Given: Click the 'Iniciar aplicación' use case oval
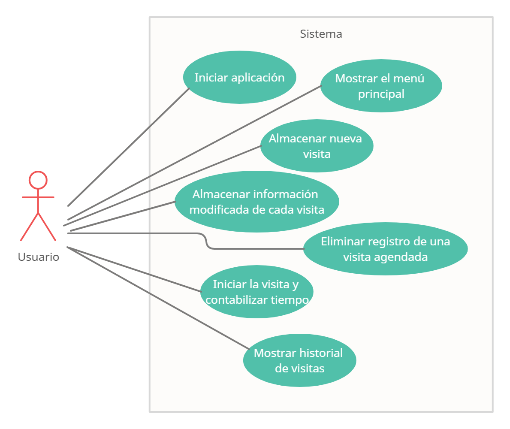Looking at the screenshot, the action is tap(239, 77).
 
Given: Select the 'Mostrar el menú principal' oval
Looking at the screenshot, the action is tap(381, 86).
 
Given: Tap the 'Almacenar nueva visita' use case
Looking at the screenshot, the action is tap(317, 146).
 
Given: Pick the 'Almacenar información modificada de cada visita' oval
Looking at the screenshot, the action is tap(257, 202).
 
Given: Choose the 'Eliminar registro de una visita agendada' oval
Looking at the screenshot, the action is tap(386, 249).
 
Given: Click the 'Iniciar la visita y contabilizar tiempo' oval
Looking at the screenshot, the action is tap(257, 292).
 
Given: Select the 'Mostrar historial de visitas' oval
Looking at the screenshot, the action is tap(299, 360).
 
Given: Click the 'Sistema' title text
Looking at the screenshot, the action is tap(321, 34).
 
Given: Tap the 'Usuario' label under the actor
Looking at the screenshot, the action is tap(38, 257).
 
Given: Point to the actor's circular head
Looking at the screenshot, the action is tap(38, 180).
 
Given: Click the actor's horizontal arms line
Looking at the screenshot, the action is tap(38, 197).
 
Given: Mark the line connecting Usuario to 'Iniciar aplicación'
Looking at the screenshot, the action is tap(129, 147).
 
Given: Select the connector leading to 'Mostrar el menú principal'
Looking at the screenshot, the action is tap(194, 153).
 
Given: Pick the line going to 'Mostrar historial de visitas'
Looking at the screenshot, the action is tap(158, 298).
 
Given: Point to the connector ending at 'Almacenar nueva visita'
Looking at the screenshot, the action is tap(162, 186).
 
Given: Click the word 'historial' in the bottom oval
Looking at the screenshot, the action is tap(321, 353).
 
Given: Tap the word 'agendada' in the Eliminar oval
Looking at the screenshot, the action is tap(401, 257).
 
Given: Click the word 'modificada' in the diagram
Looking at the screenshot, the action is tap(219, 210).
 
